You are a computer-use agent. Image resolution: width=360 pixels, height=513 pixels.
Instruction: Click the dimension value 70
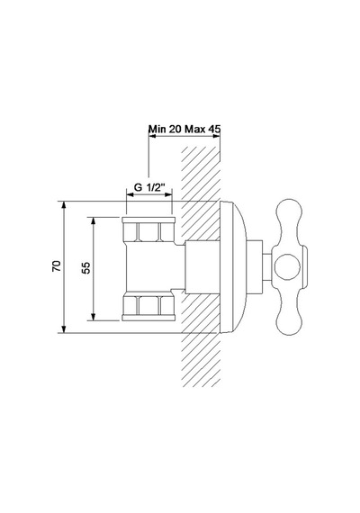57,266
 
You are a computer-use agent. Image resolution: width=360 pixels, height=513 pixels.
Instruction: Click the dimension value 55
85,268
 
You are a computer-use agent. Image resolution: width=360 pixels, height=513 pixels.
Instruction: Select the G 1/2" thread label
148,187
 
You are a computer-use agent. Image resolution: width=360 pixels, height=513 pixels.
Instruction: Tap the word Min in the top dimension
157,129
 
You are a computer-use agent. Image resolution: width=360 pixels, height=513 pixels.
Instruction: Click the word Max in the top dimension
195,129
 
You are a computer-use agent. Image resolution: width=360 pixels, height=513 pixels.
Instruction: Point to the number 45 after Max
213,129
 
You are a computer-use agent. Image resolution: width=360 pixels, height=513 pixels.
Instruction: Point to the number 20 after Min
175,129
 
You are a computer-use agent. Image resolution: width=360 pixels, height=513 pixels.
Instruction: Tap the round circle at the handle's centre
287,267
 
